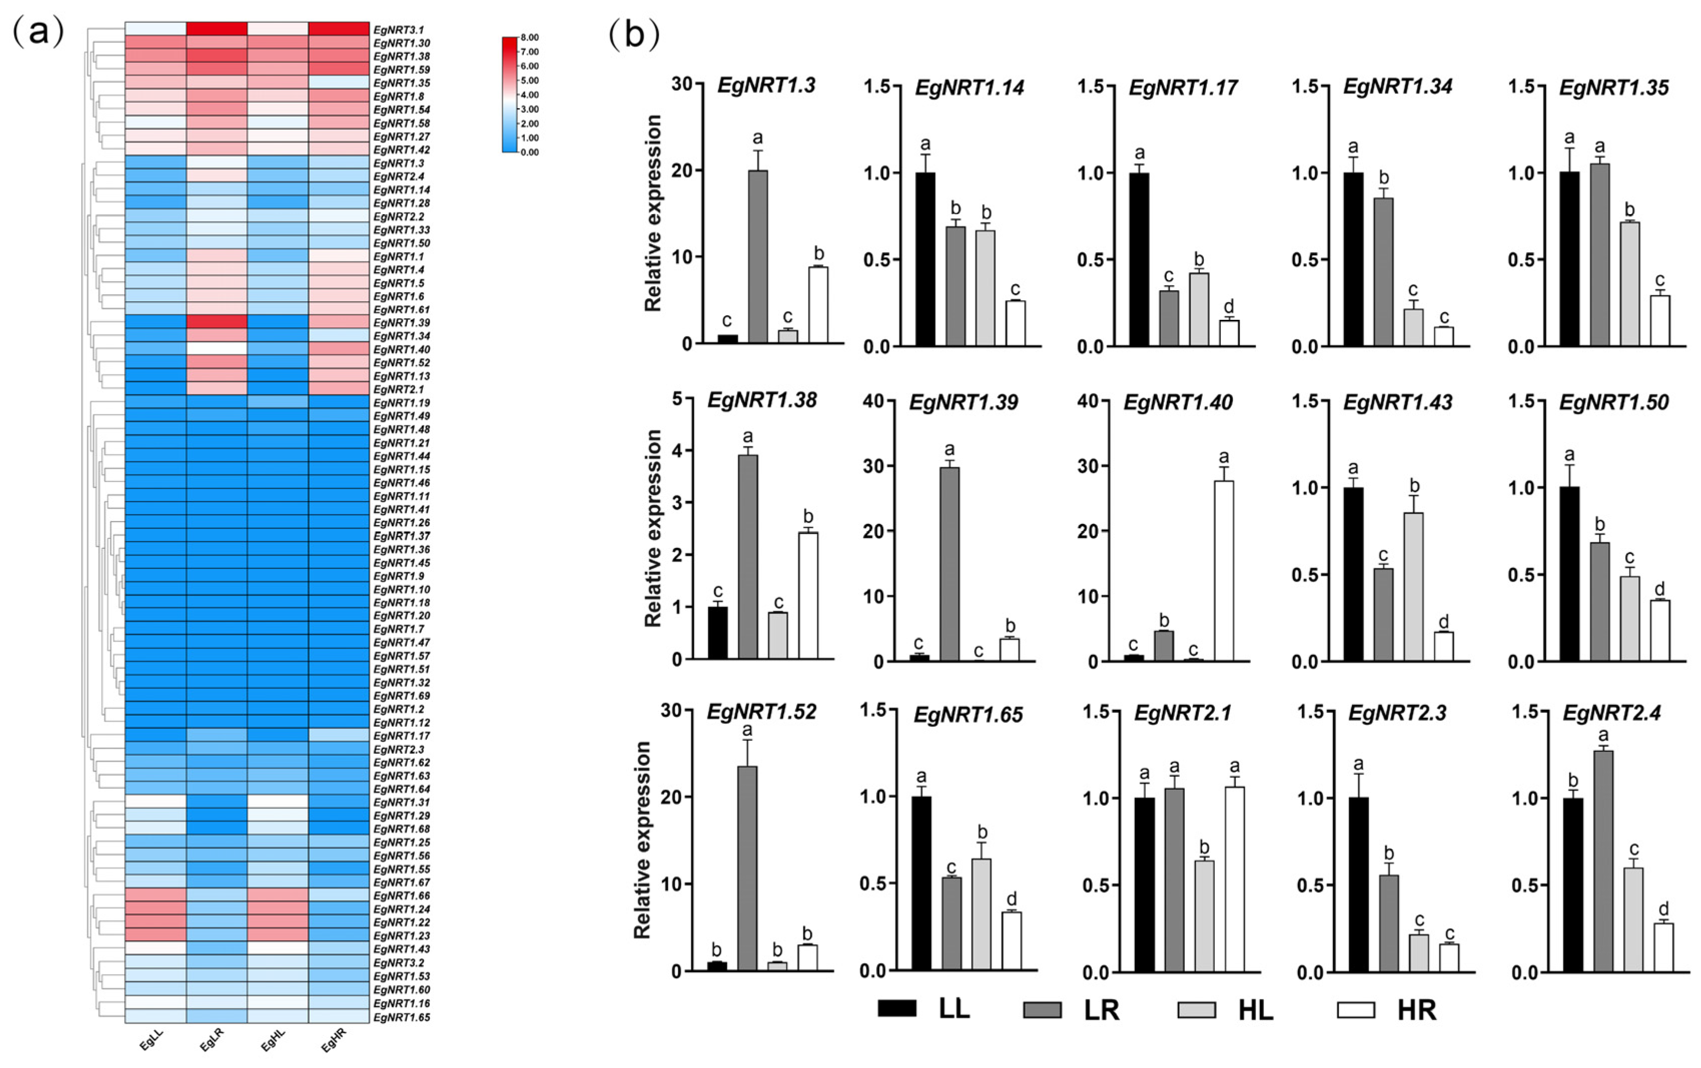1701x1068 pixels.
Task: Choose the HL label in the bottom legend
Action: pos(1255,1010)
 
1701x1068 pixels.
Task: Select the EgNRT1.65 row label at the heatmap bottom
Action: pos(401,1017)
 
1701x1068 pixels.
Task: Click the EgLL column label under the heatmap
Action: pos(151,1039)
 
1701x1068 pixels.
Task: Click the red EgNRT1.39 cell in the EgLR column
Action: pos(217,322)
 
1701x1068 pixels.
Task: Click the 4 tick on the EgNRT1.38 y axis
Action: pos(677,450)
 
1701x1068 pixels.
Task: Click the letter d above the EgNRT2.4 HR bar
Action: pos(1663,908)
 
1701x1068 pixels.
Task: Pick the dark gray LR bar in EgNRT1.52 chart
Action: pos(747,868)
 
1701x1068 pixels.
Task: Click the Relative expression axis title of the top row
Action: pos(653,213)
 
